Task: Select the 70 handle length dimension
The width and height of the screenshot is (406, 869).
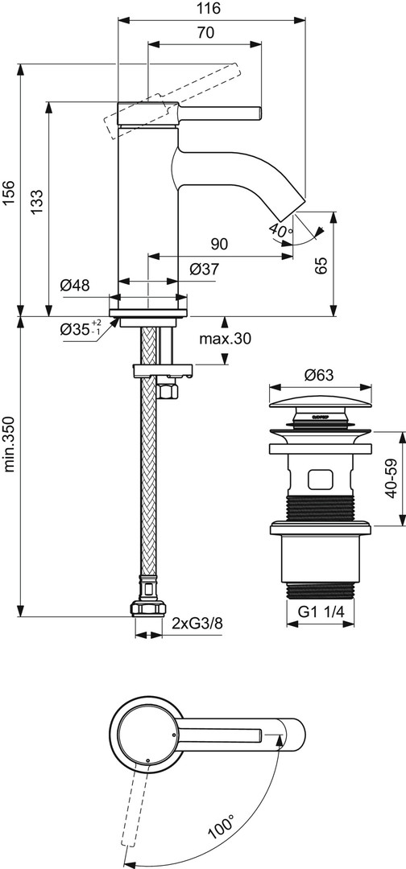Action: click(x=205, y=33)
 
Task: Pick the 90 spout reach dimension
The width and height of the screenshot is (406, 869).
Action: click(x=220, y=244)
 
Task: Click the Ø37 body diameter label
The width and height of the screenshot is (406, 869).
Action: click(x=204, y=270)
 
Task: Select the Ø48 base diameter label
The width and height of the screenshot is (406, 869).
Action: click(x=75, y=286)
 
